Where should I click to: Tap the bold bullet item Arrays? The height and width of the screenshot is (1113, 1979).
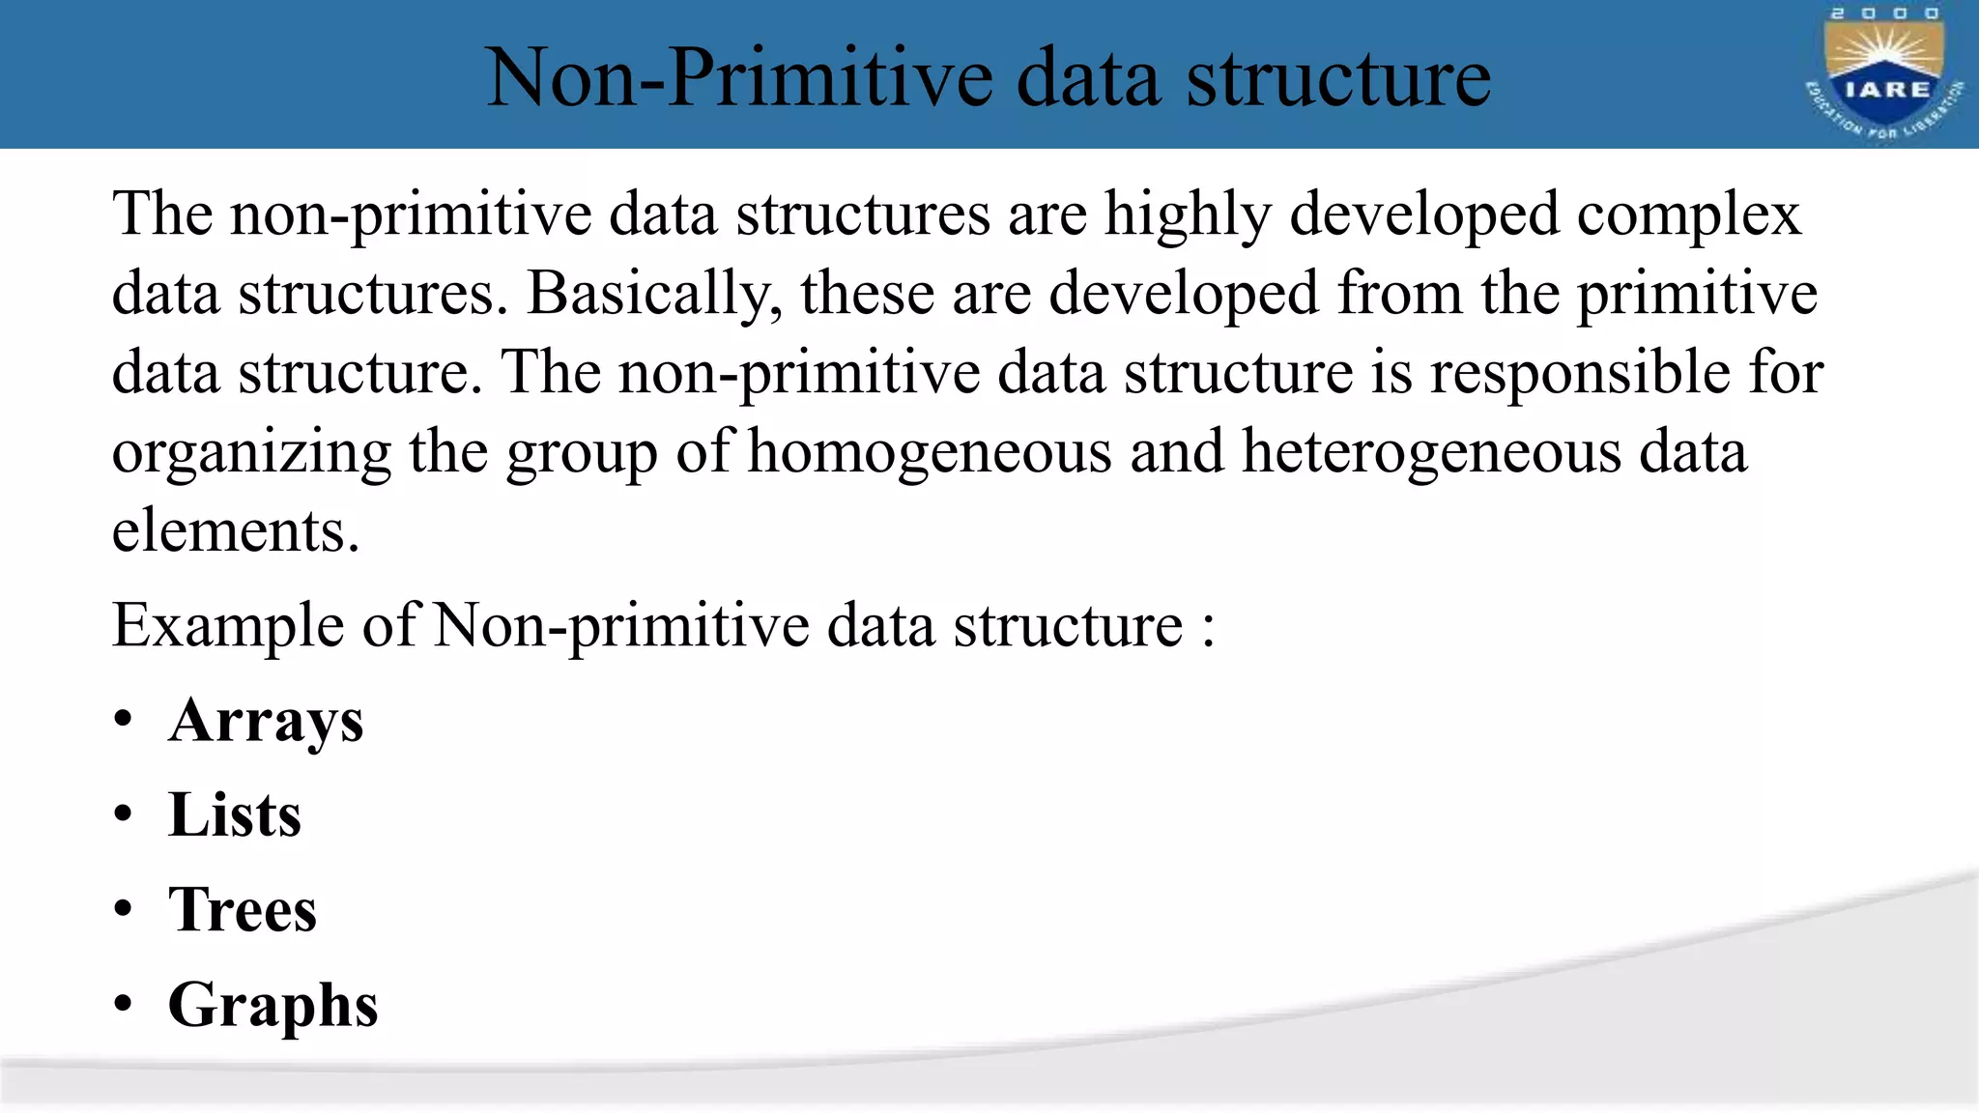click(x=266, y=721)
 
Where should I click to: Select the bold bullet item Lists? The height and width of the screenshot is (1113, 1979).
click(x=235, y=814)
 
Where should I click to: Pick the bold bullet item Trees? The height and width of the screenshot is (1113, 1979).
click(x=243, y=910)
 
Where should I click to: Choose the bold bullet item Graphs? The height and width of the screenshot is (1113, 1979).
click(x=273, y=1006)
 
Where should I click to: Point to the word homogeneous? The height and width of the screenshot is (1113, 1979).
click(x=930, y=452)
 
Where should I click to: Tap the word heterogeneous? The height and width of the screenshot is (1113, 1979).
click(x=1431, y=452)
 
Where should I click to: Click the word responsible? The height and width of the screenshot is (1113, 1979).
click(x=1580, y=373)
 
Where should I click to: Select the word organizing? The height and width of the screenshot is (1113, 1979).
click(x=251, y=452)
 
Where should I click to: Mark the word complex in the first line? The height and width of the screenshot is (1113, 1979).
click(x=1689, y=214)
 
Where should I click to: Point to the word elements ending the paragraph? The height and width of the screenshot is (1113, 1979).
click(x=236, y=531)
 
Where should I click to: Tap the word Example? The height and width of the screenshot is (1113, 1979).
click(x=228, y=626)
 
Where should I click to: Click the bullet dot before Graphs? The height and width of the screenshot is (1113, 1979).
click(x=123, y=1006)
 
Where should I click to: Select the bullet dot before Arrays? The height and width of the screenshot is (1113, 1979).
click(x=123, y=721)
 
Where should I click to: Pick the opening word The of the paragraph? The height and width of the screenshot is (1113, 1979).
click(x=162, y=214)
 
